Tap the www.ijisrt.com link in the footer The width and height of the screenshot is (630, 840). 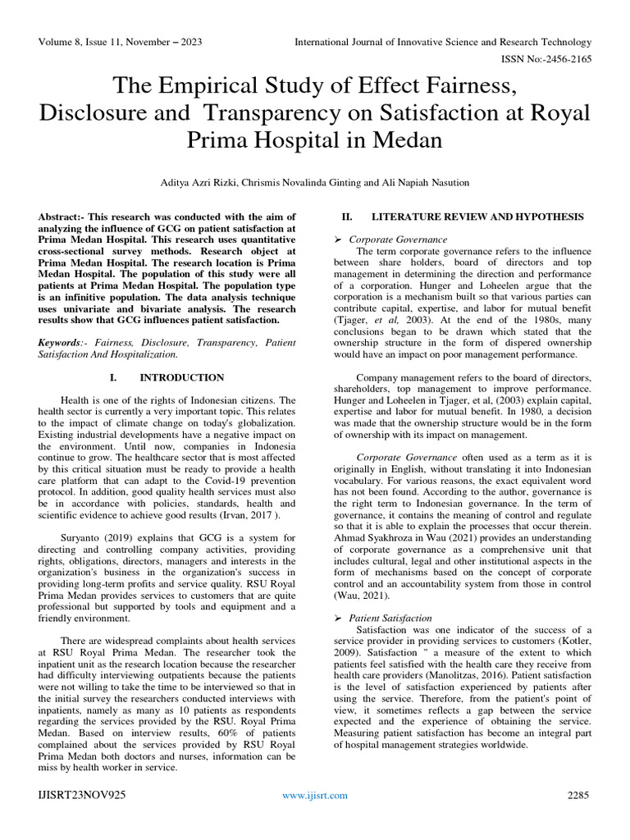[x=315, y=795]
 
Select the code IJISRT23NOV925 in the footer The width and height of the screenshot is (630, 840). [x=82, y=795]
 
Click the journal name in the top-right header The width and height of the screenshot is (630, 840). [x=443, y=42]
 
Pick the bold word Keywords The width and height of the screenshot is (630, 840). [x=62, y=341]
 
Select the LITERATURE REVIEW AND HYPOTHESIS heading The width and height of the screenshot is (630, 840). [x=477, y=217]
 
